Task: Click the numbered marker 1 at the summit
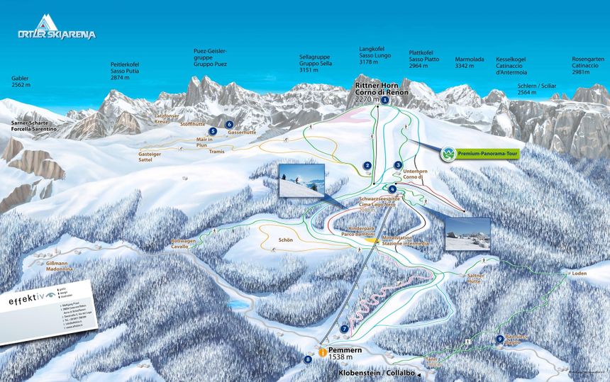tap(384, 101)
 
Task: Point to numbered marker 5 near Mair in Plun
tap(212, 131)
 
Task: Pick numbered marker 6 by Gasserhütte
tap(230, 125)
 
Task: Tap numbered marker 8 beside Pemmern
tap(308, 359)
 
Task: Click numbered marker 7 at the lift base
tap(345, 329)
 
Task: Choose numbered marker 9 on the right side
tap(500, 339)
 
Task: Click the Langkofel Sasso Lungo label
tap(374, 56)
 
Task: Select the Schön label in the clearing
tap(286, 240)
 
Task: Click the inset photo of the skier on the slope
tap(301, 181)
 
